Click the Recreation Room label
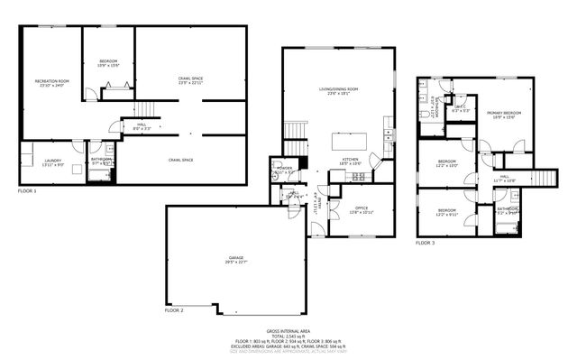click(51, 84)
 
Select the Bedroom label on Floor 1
click(108, 63)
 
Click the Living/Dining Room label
click(339, 90)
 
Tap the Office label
click(362, 209)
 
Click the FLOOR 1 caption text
click(28, 191)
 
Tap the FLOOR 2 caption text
click(173, 309)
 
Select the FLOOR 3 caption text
click(426, 243)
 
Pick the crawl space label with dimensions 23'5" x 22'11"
click(190, 81)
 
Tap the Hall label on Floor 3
click(505, 178)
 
